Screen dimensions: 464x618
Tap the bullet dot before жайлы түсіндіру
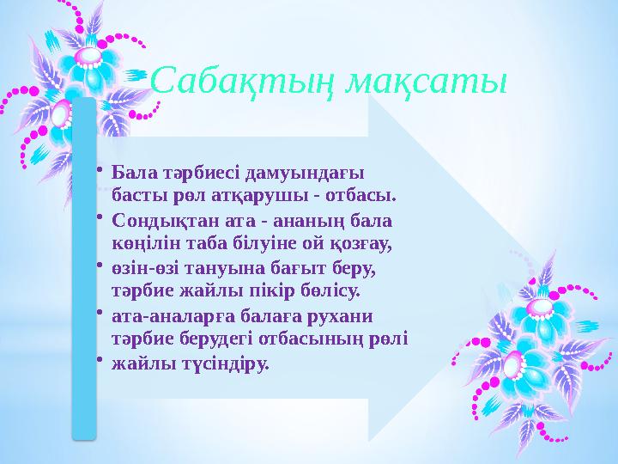[x=100, y=360]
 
